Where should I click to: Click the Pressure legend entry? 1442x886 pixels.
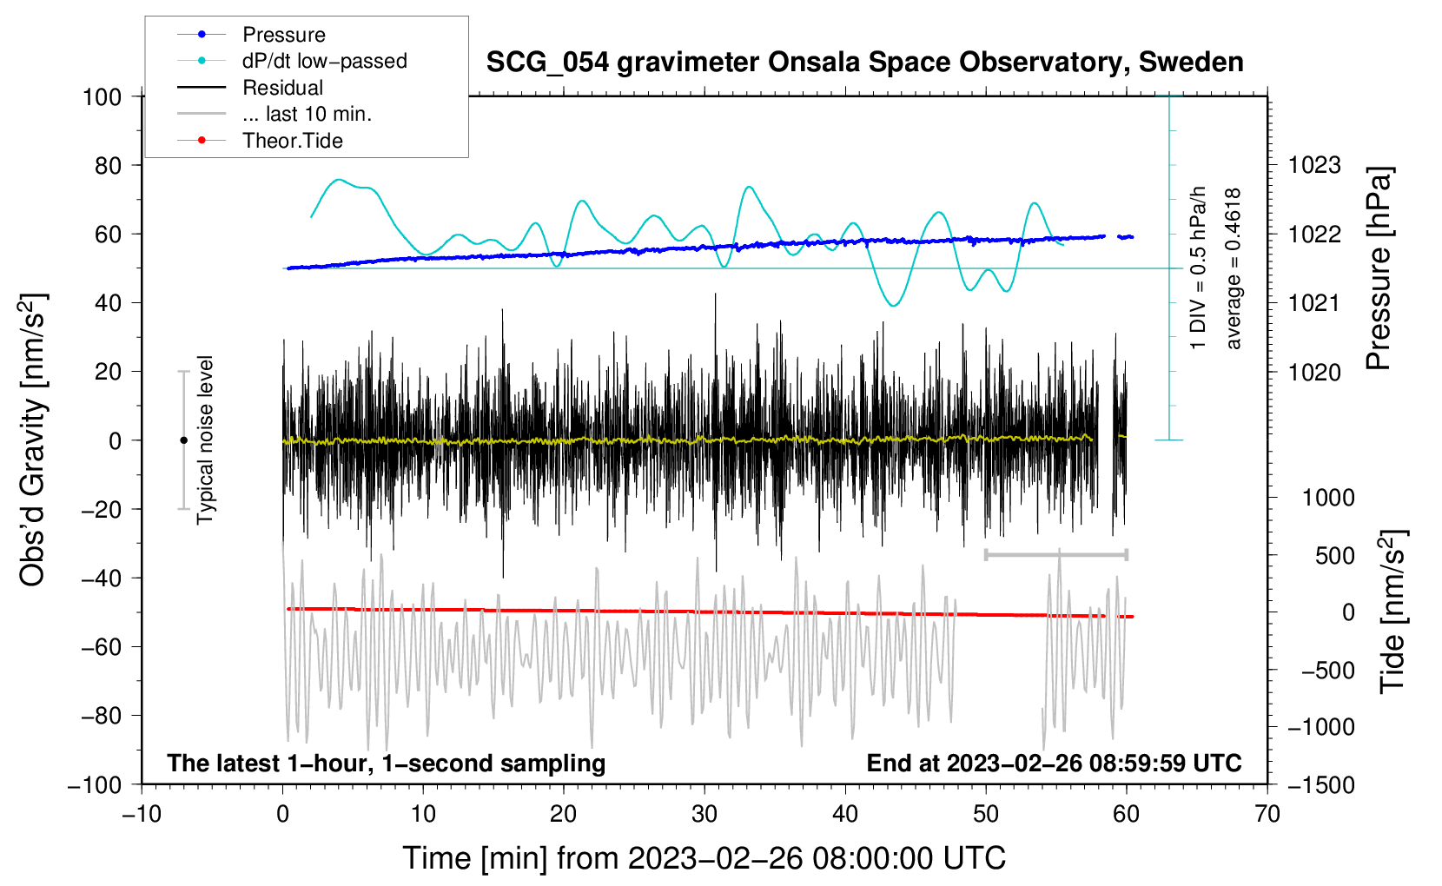pyautogui.click(x=283, y=35)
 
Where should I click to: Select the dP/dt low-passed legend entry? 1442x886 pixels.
pyautogui.click(x=324, y=61)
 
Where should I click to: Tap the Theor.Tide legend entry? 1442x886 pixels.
pyautogui.click(x=292, y=141)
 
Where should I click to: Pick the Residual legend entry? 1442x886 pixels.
pyautogui.click(x=282, y=88)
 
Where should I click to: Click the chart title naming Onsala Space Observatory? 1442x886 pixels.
pyautogui.click(x=864, y=63)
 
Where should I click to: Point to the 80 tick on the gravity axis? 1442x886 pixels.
pyautogui.click(x=108, y=165)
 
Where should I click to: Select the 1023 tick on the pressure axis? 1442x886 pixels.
pyautogui.click(x=1314, y=165)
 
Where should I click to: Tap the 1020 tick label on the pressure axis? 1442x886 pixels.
pyautogui.click(x=1314, y=372)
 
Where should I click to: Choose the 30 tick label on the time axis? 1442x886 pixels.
pyautogui.click(x=704, y=814)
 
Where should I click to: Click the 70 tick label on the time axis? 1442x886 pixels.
pyautogui.click(x=1267, y=814)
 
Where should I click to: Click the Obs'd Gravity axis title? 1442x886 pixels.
pyautogui.click(x=32, y=440)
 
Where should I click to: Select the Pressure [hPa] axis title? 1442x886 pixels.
pyautogui.click(x=1379, y=269)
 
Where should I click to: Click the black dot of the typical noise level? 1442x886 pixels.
pyautogui.click(x=183, y=440)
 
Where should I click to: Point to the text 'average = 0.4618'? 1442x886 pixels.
pyautogui.click(x=1234, y=269)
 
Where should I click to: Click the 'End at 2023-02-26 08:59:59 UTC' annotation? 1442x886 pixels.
pyautogui.click(x=1054, y=764)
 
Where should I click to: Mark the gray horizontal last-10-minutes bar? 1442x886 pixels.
pyautogui.click(x=1055, y=554)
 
